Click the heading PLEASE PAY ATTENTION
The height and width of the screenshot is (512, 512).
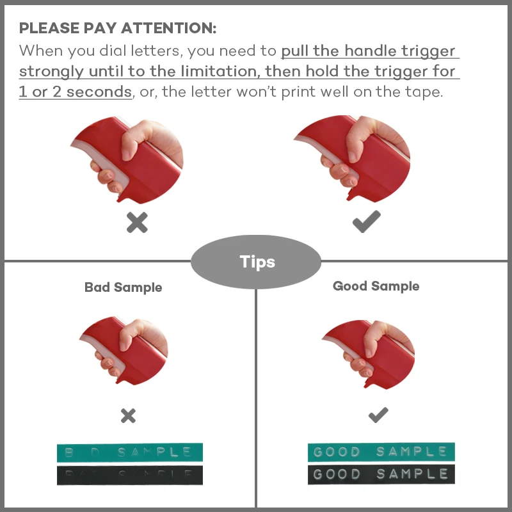118,29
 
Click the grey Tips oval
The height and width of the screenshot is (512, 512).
257,262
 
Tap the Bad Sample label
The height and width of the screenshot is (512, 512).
123,287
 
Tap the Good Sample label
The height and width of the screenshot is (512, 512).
376,286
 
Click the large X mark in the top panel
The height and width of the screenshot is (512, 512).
137,222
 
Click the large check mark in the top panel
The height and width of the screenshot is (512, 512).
366,221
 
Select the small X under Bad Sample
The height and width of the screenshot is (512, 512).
128,416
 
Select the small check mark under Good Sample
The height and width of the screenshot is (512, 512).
378,415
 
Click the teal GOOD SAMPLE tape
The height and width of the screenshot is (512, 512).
381,452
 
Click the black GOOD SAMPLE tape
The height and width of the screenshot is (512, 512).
381,474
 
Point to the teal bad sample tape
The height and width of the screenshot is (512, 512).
129,452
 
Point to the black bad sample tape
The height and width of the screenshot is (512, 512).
129,475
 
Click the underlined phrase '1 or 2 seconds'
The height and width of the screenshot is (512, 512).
75,92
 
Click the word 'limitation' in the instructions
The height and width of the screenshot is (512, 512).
216,71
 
